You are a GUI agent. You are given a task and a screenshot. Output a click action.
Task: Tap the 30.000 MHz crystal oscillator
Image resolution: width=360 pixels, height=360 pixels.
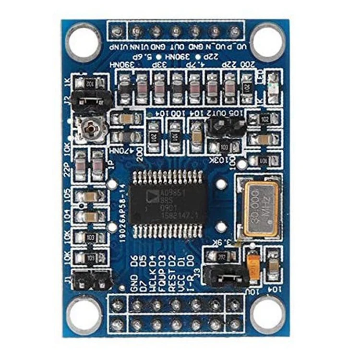click(x=260, y=209)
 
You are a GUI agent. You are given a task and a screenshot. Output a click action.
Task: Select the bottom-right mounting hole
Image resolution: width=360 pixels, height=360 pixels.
click(x=268, y=314)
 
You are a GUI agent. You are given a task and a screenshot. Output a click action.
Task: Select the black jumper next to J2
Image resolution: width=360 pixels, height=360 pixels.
click(x=91, y=99)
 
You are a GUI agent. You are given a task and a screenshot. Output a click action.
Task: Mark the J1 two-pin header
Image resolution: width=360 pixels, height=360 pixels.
click(x=91, y=279)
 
